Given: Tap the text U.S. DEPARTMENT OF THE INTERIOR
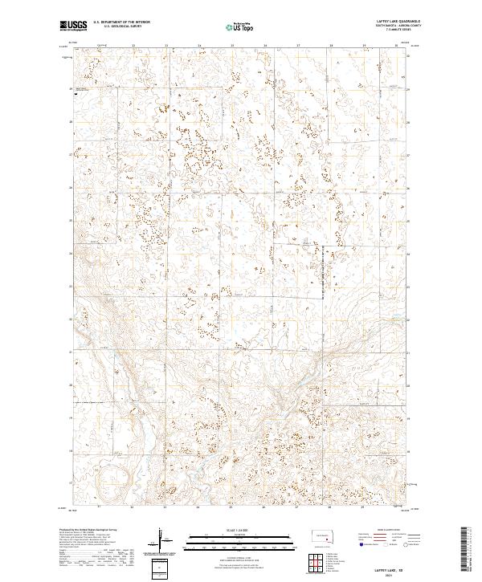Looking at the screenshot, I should tap(121, 22).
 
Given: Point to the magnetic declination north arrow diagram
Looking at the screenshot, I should tap(160, 539).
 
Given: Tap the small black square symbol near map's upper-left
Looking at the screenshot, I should tap(76, 93).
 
